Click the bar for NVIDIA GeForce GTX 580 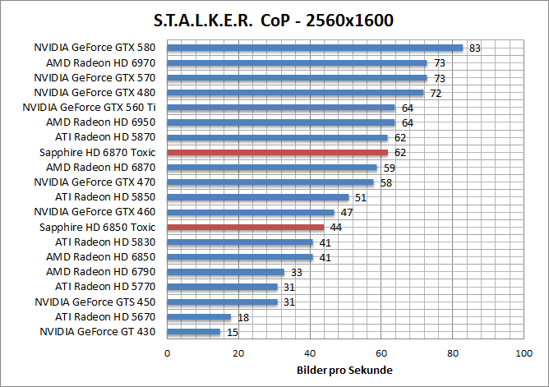[x=315, y=48]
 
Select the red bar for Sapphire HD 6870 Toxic [x=277, y=152]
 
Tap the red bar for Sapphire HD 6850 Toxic [x=245, y=227]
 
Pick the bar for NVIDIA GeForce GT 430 [x=194, y=332]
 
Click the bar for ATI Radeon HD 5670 [x=199, y=316]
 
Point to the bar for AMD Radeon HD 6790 [x=225, y=272]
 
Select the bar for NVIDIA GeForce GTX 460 [x=251, y=212]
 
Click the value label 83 [x=474, y=48]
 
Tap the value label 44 [x=335, y=228]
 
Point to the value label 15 [x=232, y=332]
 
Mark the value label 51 [x=360, y=197]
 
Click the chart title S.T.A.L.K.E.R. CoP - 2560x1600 [x=273, y=20]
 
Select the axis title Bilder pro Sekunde [x=344, y=371]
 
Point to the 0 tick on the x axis [x=168, y=354]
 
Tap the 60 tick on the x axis [x=381, y=354]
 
